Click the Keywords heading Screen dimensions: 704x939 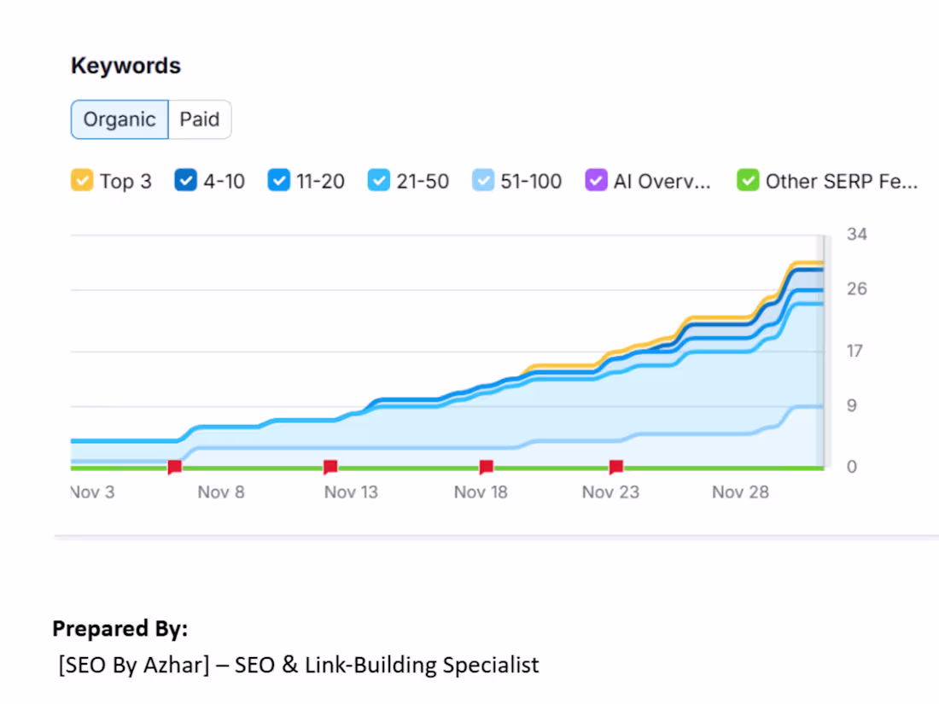(x=125, y=66)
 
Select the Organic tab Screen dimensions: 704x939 (x=120, y=119)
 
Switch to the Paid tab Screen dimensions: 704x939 (x=200, y=119)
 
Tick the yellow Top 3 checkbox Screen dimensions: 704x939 (x=82, y=181)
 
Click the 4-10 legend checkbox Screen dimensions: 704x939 (x=185, y=181)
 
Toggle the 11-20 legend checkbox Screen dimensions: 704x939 (x=279, y=181)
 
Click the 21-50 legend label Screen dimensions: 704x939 (x=423, y=181)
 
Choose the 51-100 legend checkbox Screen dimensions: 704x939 (x=483, y=181)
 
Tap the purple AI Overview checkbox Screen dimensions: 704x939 (x=596, y=181)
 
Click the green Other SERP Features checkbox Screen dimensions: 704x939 (x=748, y=181)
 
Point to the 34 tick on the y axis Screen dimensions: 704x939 (x=856, y=234)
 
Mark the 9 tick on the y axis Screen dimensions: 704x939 (x=851, y=406)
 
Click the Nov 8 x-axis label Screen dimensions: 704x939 (x=221, y=492)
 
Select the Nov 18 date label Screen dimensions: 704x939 (x=481, y=492)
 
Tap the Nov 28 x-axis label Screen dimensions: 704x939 (x=740, y=492)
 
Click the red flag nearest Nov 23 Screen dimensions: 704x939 (x=615, y=466)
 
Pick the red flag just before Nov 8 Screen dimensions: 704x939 (x=174, y=466)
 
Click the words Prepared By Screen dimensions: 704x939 (x=120, y=629)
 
